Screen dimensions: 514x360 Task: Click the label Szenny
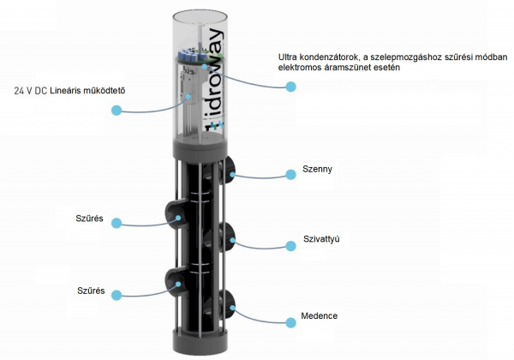pos(317,169)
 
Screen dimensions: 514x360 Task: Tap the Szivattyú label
pos(321,238)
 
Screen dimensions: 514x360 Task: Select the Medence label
pos(320,315)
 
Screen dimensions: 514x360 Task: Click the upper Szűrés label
pos(89,219)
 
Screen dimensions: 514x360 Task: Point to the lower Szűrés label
pos(91,291)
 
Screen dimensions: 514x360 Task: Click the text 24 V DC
pos(31,91)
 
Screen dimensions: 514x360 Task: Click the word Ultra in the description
pos(288,57)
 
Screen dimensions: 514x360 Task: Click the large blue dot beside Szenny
pos(290,174)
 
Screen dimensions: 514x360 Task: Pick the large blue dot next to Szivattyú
pos(290,246)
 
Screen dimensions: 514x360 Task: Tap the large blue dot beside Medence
pos(290,322)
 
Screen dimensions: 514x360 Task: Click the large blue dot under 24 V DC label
pos(117,111)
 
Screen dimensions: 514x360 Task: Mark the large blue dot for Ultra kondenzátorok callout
pos(290,87)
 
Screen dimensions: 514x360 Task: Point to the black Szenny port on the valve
pos(227,170)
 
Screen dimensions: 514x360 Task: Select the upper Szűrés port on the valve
pos(174,215)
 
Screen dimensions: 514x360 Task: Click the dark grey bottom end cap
pos(200,342)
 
